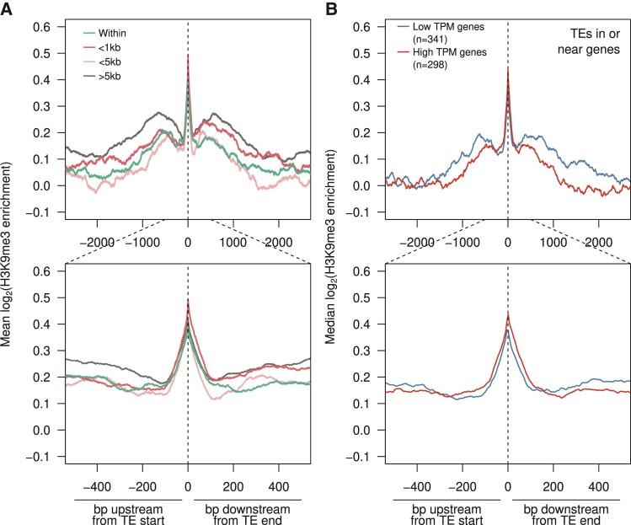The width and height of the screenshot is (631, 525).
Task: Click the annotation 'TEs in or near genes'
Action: coord(595,39)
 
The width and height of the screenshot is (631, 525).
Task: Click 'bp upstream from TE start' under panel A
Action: coord(123,511)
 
